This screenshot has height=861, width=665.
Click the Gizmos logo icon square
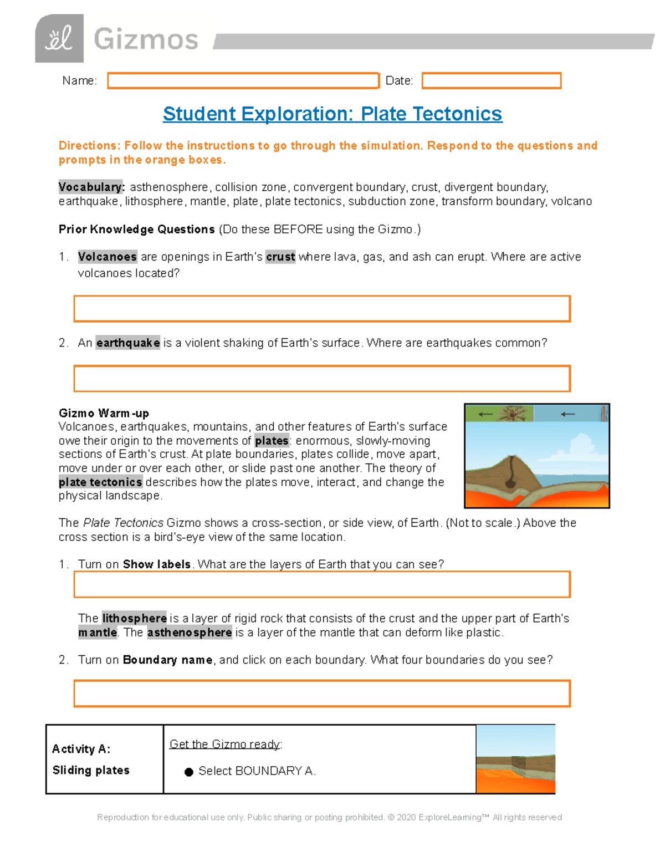tap(59, 38)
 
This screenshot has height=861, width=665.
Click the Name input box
tap(243, 81)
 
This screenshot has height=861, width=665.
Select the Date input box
tap(491, 81)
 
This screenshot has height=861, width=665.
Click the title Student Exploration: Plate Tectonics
tap(332, 114)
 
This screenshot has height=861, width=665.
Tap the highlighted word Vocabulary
tap(91, 187)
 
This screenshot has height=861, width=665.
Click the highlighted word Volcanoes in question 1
tap(107, 257)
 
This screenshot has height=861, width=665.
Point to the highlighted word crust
tap(280, 257)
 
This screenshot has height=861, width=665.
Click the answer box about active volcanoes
tap(322, 309)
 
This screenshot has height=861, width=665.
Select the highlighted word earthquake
tap(128, 343)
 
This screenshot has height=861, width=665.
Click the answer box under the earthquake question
tap(322, 379)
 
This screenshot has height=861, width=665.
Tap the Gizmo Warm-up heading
tap(104, 413)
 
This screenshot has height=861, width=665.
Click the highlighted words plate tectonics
tap(100, 482)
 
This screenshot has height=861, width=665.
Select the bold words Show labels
tap(157, 564)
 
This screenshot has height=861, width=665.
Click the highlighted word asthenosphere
tap(190, 633)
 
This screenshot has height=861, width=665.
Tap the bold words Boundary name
tap(167, 660)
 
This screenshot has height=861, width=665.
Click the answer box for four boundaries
tap(322, 694)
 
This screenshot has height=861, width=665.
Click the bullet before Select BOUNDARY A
tap(189, 772)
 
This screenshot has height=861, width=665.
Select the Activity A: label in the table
tap(81, 749)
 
